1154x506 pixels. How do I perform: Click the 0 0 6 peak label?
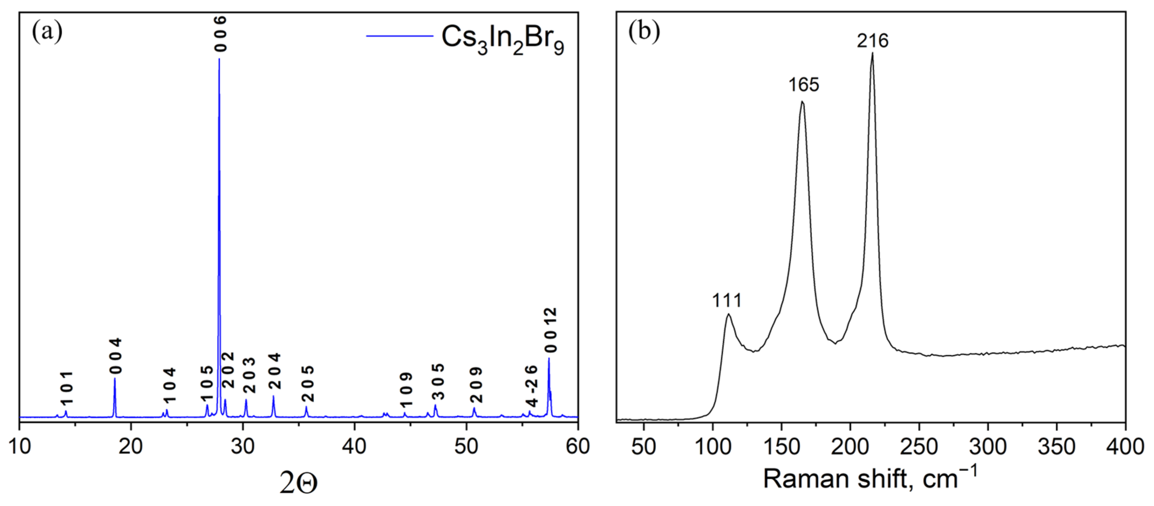(x=220, y=34)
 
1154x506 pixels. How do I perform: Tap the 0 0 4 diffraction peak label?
(x=116, y=356)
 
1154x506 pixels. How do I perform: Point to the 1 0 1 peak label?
(x=67, y=388)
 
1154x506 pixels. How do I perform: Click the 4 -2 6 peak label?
(x=531, y=386)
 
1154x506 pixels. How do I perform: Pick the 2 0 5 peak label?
(x=308, y=383)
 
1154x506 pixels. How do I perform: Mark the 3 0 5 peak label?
(x=438, y=382)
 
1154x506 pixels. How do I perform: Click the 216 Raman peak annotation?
(x=872, y=41)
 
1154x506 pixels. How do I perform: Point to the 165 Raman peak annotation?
(x=804, y=85)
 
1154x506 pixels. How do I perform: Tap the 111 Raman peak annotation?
(x=727, y=300)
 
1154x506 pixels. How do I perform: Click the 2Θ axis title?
(x=298, y=483)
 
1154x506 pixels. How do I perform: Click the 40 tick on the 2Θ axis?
(x=354, y=447)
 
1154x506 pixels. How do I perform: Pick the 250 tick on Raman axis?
(x=919, y=447)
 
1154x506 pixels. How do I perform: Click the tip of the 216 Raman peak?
(x=872, y=53)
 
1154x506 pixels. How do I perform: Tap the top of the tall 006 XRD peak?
(x=219, y=59)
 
